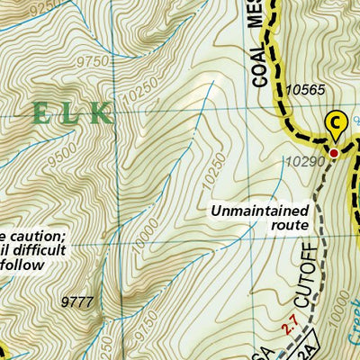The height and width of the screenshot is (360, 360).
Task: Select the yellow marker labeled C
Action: click(335, 121)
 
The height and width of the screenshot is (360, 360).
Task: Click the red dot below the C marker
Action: click(334, 154)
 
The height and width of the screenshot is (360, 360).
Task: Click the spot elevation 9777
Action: click(79, 301)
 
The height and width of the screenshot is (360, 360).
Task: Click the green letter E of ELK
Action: click(41, 113)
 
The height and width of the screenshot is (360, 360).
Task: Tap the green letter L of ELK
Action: click(74, 113)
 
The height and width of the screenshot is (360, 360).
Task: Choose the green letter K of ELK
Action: click(103, 113)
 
